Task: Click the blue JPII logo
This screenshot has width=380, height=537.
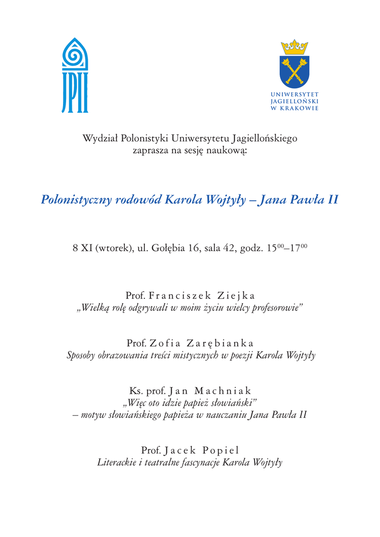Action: click(75, 76)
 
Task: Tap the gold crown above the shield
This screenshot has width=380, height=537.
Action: click(294, 47)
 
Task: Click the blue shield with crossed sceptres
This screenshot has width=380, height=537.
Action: click(294, 71)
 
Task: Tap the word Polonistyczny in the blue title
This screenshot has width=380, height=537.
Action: click(76, 200)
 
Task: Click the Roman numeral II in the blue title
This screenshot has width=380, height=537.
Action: click(332, 200)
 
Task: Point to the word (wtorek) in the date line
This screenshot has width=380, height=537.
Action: click(114, 248)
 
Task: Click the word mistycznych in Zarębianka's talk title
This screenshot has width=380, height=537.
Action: click(200, 356)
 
